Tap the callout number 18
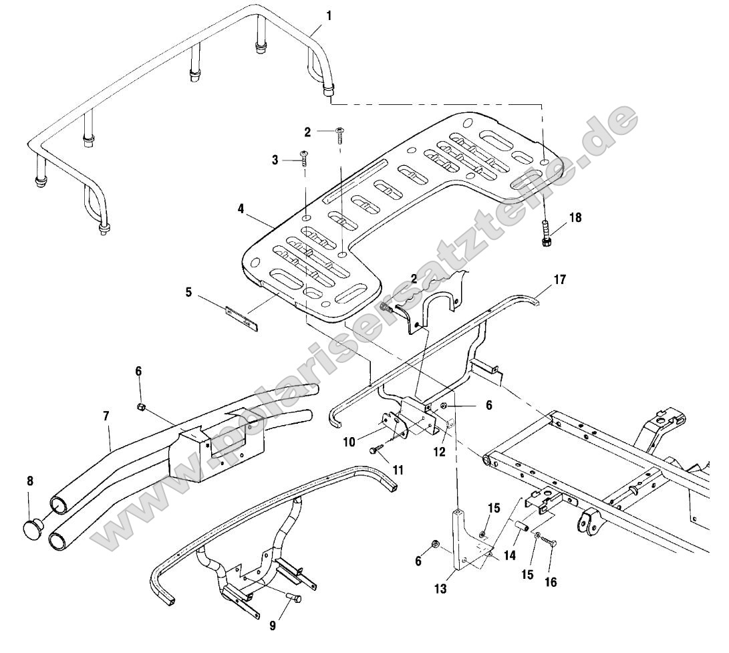click(575, 218)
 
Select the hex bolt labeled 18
click(546, 234)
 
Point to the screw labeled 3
click(303, 157)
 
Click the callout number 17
click(559, 279)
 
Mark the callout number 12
click(440, 452)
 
